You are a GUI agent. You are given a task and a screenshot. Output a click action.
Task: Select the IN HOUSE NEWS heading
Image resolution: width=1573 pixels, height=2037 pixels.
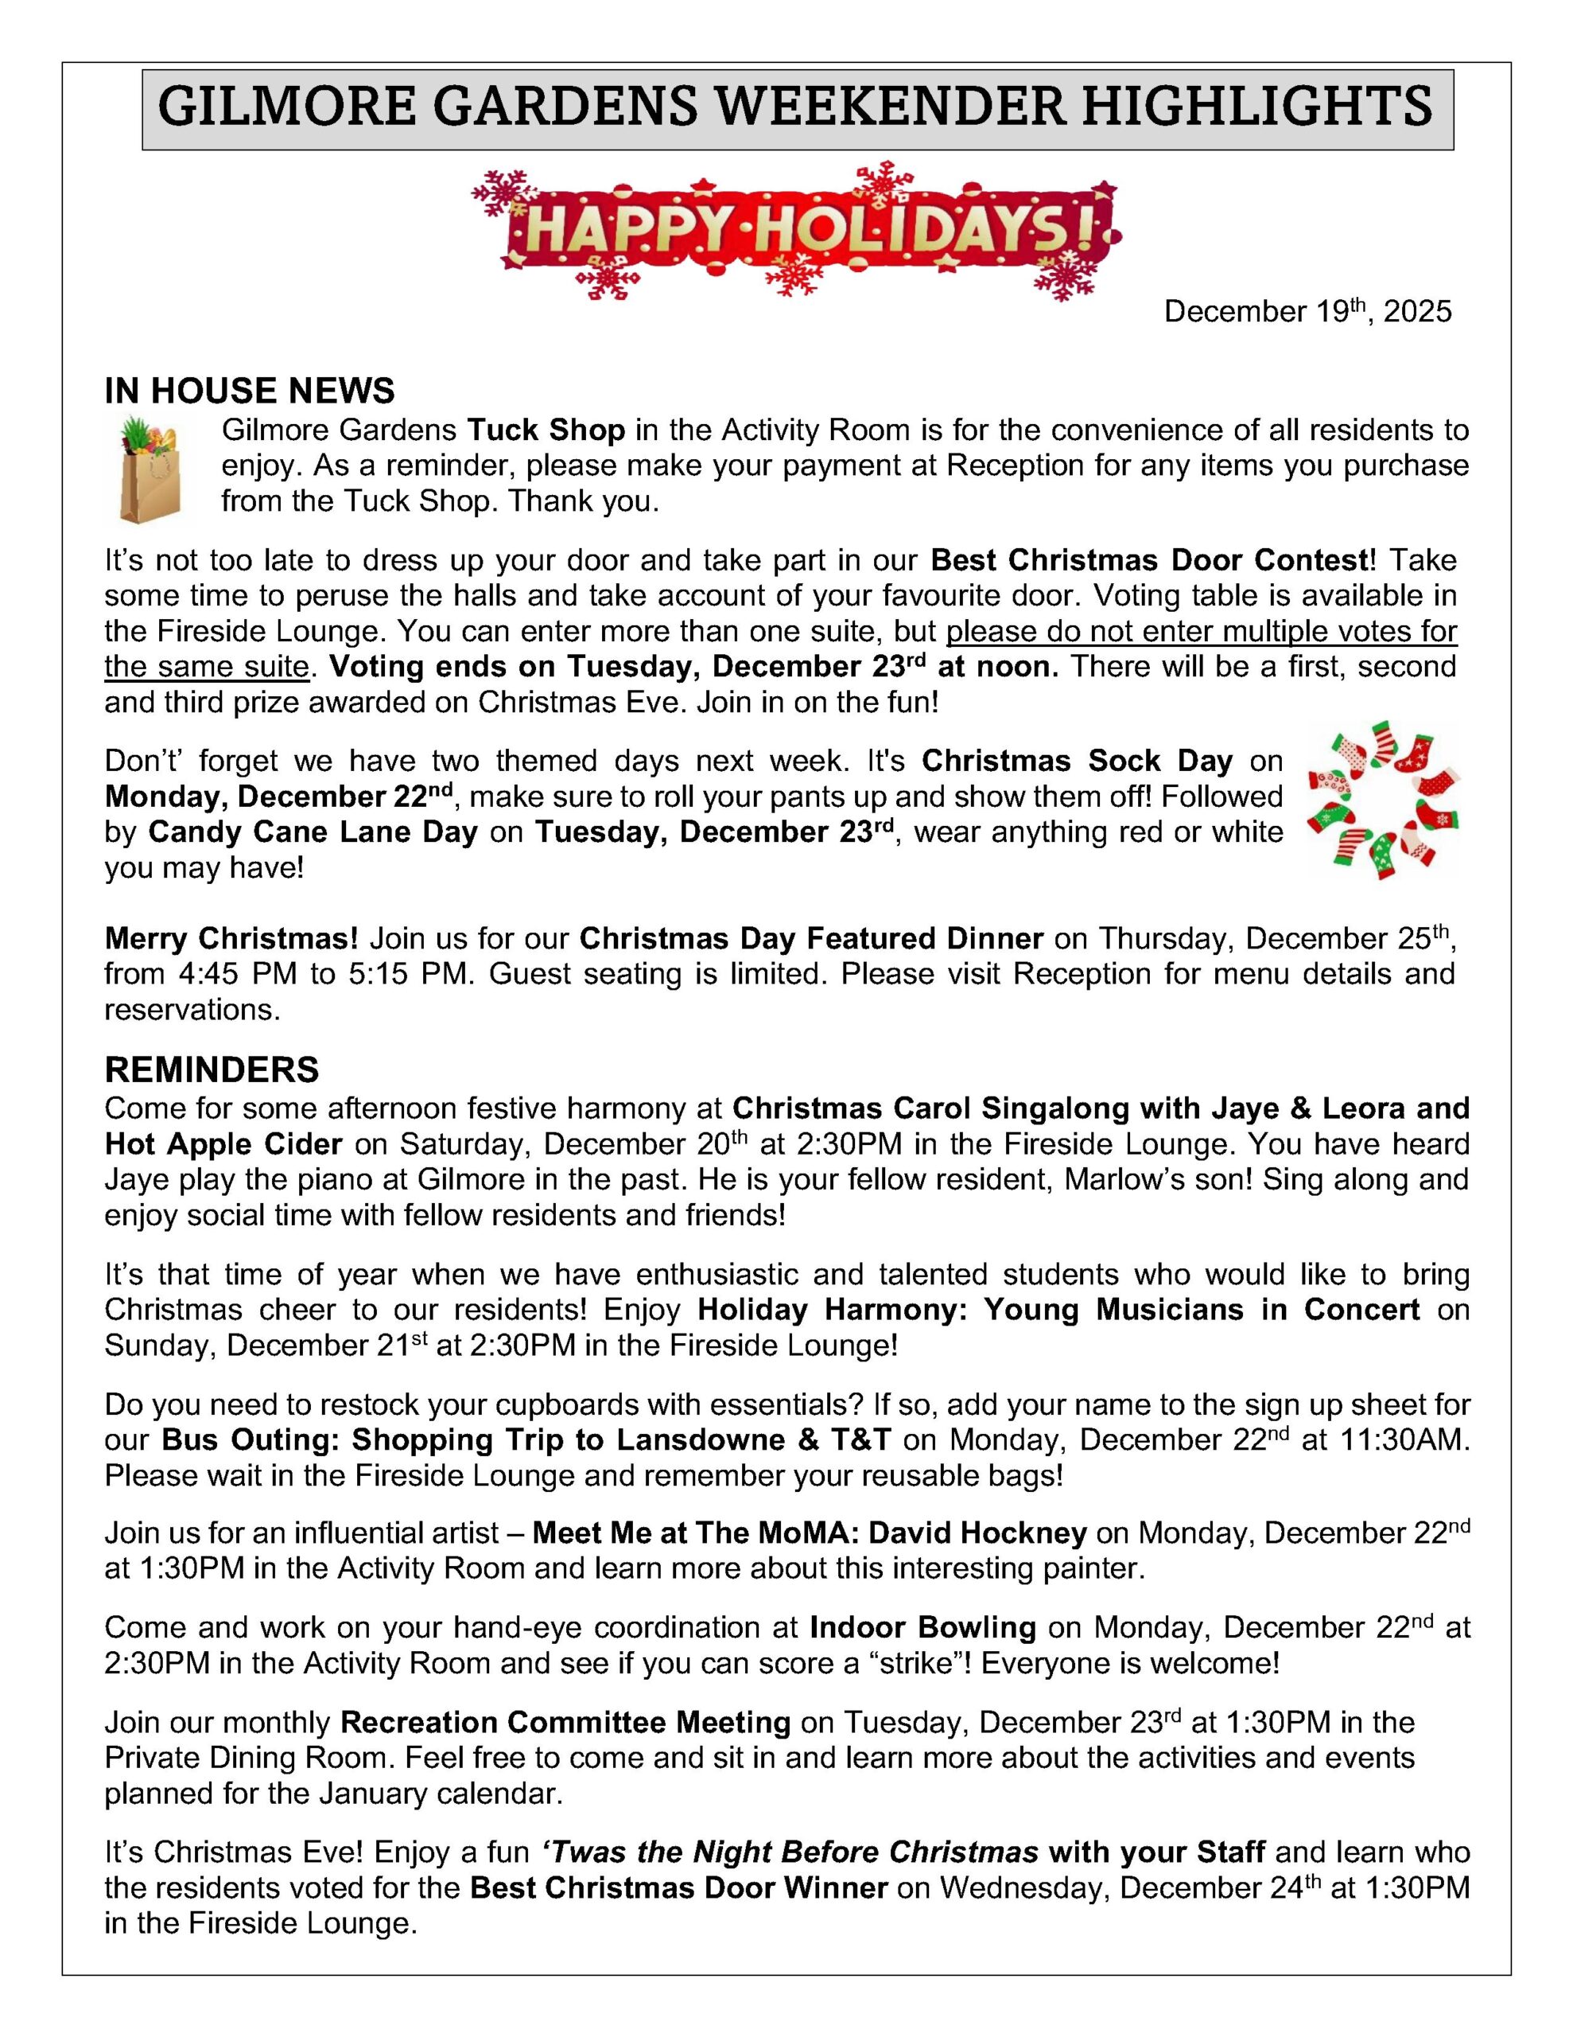(x=249, y=391)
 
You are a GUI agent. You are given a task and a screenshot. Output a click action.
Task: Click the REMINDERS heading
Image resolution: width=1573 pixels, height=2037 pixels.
(x=212, y=1069)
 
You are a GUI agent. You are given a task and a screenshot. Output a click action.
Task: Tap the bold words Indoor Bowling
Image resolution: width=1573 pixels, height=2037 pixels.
(x=922, y=1627)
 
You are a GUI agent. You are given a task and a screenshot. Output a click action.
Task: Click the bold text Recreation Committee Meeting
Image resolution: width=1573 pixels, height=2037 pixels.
(x=565, y=1722)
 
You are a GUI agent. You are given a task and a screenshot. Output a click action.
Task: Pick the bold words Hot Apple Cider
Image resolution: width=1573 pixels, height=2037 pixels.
(x=223, y=1143)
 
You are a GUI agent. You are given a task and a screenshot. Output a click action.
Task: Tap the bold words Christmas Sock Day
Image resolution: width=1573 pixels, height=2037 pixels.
(x=1077, y=760)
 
